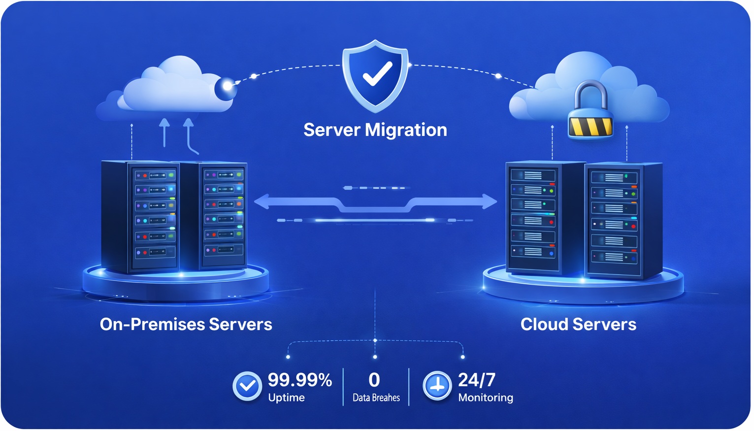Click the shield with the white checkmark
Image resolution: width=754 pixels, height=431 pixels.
coord(375,75)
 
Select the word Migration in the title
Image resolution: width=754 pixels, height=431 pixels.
coord(406,130)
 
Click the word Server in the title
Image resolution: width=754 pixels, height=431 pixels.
coord(332,130)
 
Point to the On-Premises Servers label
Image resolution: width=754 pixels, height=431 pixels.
coord(186,324)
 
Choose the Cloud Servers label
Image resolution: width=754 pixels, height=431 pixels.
coord(578,324)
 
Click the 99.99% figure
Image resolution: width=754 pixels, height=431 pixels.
coord(299,380)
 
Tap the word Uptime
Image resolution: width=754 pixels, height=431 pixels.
coord(286,398)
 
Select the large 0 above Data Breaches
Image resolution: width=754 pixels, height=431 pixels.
coord(374,380)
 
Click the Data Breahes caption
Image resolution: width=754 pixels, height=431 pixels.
coord(376,398)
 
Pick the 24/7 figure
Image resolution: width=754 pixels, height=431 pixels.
coord(476,380)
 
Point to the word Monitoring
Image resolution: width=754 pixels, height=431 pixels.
coord(485,398)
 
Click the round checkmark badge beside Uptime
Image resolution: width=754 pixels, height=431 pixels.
coord(247,386)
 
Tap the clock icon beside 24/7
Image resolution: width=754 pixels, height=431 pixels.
coord(437,386)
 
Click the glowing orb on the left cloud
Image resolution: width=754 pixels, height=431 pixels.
coord(226,87)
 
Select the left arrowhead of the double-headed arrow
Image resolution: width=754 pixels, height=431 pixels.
coord(262,201)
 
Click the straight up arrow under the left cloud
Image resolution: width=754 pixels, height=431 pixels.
coord(164,132)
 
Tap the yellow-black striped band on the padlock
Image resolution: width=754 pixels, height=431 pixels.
coord(590,126)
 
